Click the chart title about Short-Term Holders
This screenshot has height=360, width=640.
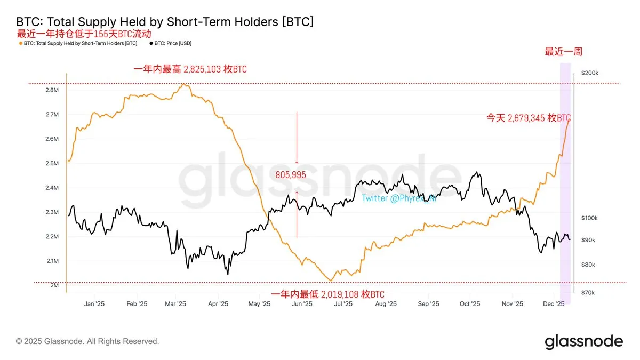[x=165, y=22]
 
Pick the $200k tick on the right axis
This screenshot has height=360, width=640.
[x=590, y=73]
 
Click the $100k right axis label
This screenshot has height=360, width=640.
[x=590, y=218]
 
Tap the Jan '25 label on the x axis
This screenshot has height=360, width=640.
[x=94, y=303]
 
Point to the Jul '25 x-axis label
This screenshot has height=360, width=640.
[x=343, y=303]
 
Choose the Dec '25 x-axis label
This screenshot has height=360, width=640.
[x=554, y=303]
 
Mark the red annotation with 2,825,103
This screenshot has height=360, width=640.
[x=190, y=69]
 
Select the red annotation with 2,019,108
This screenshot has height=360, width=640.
[x=327, y=294]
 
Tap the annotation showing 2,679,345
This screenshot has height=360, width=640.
[x=528, y=118]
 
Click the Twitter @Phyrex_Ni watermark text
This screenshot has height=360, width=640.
[x=398, y=198]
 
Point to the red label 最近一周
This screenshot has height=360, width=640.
[x=563, y=52]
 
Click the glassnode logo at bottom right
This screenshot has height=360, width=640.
[x=583, y=341]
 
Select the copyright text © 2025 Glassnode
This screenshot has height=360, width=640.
[x=87, y=341]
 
